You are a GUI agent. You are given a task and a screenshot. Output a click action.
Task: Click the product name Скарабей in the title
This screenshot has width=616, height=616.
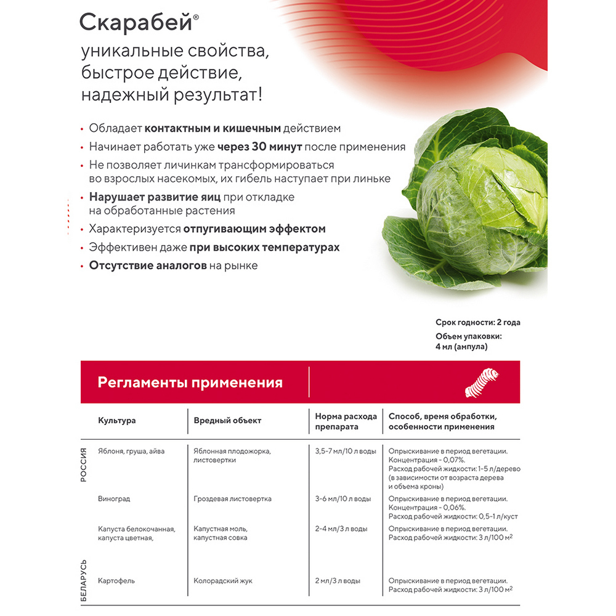136,23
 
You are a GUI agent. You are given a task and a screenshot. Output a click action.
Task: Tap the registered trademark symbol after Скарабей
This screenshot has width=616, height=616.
197,17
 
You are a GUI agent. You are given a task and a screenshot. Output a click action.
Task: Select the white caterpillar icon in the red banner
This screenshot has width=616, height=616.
480,382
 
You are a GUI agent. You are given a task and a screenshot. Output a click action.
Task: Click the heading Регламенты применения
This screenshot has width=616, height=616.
190,383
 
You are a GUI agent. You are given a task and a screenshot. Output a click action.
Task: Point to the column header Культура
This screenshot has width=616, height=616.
116,420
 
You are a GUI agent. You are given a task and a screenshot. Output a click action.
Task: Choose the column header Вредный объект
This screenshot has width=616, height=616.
227,420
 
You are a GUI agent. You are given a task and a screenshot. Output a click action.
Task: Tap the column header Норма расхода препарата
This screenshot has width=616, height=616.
338,421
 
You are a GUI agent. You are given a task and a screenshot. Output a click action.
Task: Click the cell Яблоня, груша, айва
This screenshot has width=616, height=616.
131,451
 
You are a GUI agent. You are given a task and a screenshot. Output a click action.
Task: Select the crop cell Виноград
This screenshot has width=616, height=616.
114,498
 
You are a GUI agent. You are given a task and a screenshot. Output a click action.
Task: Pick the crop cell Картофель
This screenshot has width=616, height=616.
116,580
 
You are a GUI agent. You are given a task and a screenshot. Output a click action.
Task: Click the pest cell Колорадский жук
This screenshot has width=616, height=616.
222,580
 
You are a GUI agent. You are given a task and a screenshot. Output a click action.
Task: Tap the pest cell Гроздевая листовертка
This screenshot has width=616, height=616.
232,498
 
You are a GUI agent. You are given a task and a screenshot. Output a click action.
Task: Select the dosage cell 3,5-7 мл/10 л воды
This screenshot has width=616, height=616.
345,451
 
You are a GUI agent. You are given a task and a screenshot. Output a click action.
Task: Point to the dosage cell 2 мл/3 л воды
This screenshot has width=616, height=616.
338,580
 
